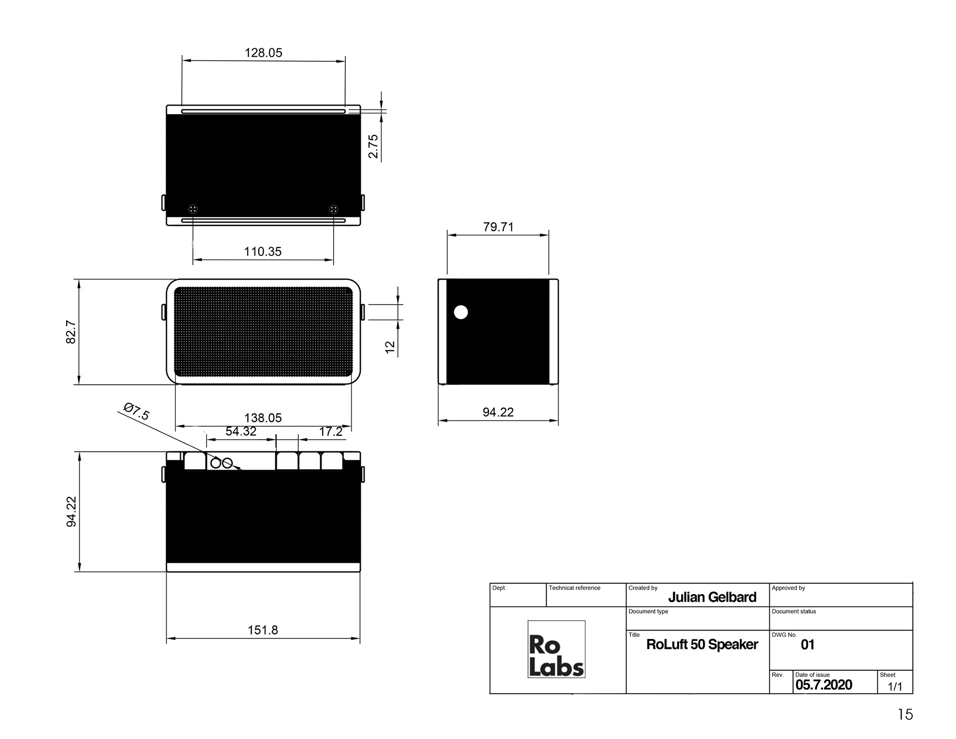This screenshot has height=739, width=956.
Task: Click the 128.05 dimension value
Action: coord(263,53)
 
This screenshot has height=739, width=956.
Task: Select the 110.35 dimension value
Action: coord(263,251)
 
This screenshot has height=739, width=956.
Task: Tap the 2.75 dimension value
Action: coord(373,146)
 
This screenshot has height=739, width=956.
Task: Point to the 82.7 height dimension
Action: coord(71,332)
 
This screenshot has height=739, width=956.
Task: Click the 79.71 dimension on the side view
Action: coord(498,227)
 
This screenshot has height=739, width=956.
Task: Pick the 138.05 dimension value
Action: coord(263,418)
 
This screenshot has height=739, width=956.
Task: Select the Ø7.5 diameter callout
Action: coord(136,412)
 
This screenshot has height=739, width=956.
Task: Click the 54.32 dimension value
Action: coord(241,431)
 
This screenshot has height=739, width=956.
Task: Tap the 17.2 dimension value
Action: coord(331,431)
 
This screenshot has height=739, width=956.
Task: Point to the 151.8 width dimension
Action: coord(263,630)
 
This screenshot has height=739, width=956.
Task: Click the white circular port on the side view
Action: coord(461,312)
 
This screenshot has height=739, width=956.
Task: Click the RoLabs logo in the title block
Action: coord(556,649)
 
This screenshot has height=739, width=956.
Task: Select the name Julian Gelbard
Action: coord(712,597)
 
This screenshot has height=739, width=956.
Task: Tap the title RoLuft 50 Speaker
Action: coord(702,644)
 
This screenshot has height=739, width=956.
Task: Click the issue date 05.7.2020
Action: coord(824,685)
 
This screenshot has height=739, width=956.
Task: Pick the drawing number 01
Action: coord(808,645)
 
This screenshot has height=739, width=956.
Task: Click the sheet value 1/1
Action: coord(895,687)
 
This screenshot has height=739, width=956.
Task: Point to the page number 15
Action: coord(905,715)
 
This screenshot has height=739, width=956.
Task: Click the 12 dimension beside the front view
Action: coord(390,347)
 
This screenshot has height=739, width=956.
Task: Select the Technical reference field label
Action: coord(575,588)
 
